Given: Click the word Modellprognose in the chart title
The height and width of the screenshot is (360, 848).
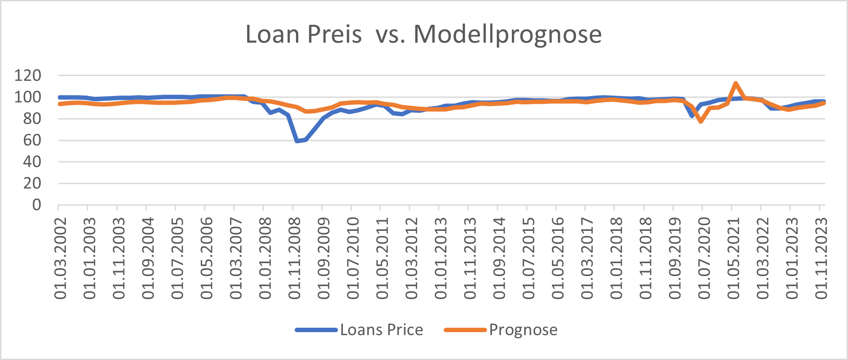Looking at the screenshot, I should pyautogui.click(x=507, y=34).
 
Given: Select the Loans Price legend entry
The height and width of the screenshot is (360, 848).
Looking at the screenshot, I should pyautogui.click(x=381, y=330).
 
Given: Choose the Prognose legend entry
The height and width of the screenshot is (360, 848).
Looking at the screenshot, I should pyautogui.click(x=523, y=330).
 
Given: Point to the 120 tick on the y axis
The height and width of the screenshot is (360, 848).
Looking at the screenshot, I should pyautogui.click(x=27, y=76).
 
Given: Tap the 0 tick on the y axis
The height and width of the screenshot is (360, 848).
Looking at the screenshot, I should pyautogui.click(x=36, y=205).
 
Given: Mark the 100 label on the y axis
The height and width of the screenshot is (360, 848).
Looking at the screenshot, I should pyautogui.click(x=27, y=97).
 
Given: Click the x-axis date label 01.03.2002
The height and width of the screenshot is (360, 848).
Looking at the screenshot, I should pyautogui.click(x=60, y=258).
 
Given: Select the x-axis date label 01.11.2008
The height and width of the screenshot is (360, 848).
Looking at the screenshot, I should pyautogui.click(x=294, y=258).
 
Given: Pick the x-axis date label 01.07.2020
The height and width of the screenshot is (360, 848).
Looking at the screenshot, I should pyautogui.click(x=704, y=258).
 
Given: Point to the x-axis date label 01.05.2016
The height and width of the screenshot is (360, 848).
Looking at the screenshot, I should pyautogui.click(x=557, y=258).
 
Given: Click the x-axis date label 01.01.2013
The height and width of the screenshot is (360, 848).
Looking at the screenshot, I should pyautogui.click(x=441, y=258).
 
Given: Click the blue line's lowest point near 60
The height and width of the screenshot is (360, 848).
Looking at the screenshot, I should pyautogui.click(x=297, y=141).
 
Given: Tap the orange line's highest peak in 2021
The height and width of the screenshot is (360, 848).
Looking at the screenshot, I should pyautogui.click(x=735, y=83).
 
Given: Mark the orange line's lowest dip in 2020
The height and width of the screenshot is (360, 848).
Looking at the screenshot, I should pyautogui.click(x=701, y=121).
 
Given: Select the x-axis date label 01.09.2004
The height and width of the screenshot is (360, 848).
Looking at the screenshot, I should pyautogui.click(x=148, y=258).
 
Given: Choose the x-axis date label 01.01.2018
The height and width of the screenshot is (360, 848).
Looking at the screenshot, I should pyautogui.click(x=616, y=258).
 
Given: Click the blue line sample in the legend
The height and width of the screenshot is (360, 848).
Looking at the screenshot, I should pyautogui.click(x=316, y=330).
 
